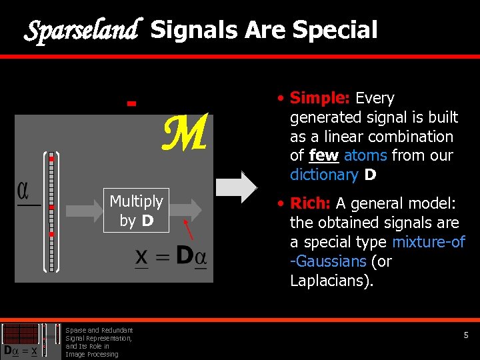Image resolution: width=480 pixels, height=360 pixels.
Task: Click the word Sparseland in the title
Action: [x=81, y=30]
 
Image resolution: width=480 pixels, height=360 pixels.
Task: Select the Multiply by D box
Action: [x=136, y=210]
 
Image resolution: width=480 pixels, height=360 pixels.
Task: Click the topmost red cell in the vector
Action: [x=51, y=159]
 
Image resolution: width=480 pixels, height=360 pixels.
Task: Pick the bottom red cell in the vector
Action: [x=51, y=235]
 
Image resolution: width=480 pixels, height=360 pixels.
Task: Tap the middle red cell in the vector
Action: [x=51, y=207]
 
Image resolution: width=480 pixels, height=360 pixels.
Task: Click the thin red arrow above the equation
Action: [x=189, y=230]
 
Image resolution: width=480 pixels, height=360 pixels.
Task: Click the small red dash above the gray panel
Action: [x=131, y=104]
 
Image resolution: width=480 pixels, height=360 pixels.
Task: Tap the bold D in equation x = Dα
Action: [x=185, y=256]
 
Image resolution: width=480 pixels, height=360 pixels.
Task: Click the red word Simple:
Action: [x=320, y=99]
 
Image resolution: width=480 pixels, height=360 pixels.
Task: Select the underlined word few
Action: [x=324, y=156]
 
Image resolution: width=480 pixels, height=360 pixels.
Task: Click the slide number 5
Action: [x=467, y=335]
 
